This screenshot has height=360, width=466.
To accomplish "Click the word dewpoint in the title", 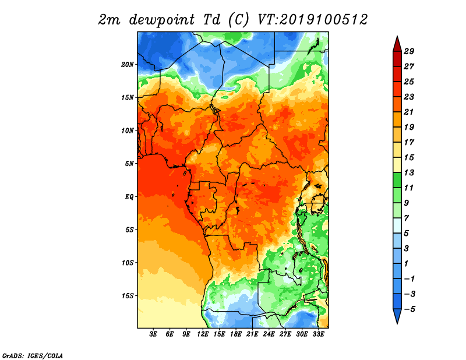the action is point(162,20).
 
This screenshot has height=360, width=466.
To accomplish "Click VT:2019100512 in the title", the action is point(313,20).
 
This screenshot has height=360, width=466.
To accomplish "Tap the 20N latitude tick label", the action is point(128,65).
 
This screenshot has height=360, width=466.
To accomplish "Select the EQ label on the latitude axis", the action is point(129,197).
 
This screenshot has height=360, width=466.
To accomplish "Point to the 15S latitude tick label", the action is point(128,296).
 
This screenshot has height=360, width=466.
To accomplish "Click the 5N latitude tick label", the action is point(129,164).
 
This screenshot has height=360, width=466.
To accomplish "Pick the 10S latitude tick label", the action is point(128,263).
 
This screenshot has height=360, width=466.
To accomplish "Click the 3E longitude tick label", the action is point(153,334).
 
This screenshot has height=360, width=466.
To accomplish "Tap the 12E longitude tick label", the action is point(203,334).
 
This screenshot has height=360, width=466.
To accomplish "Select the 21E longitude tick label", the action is point(252,334).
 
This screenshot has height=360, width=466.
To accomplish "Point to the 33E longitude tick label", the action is point(318,334).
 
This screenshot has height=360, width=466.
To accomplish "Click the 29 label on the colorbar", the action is point(409,51).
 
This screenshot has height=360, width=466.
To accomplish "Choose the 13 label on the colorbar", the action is point(409,172).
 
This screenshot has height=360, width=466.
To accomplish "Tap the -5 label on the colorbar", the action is point(409,309).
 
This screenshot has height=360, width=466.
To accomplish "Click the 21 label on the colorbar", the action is point(409,112).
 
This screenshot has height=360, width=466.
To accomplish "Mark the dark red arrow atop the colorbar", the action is point(397,45).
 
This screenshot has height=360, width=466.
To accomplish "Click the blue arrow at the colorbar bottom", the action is point(397,316).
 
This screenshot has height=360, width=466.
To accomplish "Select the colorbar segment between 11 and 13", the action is point(397,180).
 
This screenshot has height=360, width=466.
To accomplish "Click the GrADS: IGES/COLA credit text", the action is point(33,355).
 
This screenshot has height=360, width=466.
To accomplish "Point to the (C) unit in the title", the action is point(238,20).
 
